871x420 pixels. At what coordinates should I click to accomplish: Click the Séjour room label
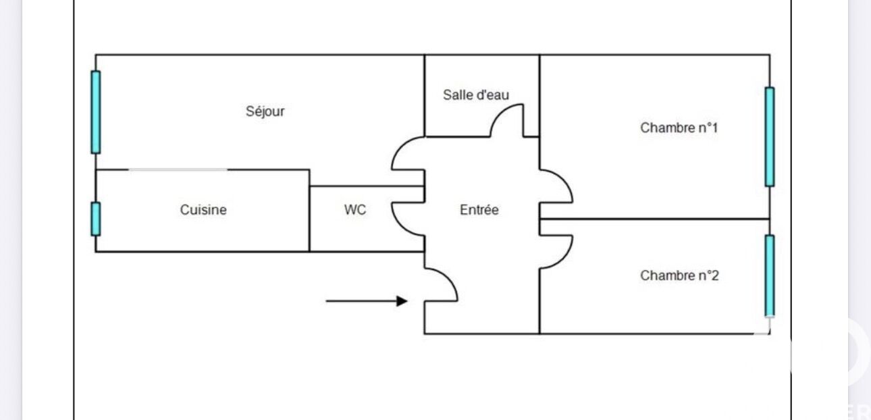[265, 111]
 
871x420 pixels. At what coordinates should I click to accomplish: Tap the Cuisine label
[203, 210]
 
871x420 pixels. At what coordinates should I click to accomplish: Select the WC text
[355, 210]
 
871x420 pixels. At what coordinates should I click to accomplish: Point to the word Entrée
[479, 210]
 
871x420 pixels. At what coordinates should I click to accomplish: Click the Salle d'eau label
[475, 95]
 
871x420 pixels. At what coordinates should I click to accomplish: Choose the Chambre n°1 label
[679, 128]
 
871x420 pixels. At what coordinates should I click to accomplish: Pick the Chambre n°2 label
[679, 275]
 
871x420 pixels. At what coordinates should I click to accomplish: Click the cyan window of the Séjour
[96, 112]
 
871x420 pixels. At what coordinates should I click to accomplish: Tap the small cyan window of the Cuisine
[96, 219]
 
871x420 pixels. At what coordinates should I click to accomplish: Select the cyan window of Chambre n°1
[769, 136]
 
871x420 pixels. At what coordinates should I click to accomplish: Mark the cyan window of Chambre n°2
[769, 275]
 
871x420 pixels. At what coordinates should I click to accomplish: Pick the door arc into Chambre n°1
[558, 186]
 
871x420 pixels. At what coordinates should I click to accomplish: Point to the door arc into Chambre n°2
[558, 250]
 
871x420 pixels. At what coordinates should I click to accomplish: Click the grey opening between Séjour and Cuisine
[178, 170]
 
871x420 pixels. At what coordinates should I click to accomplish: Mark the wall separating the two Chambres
[655, 219]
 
